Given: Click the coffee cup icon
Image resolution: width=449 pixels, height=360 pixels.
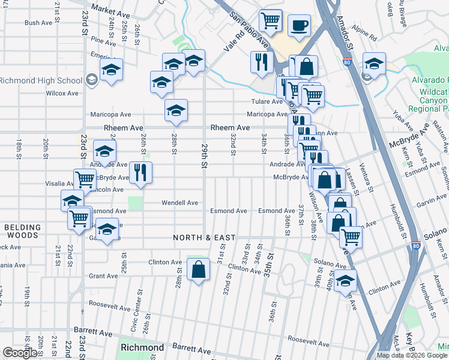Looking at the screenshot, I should [x=299, y=26].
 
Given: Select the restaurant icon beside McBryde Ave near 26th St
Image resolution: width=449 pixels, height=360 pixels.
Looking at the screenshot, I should [x=140, y=173].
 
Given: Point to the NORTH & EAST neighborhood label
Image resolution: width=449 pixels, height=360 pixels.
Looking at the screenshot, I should [x=204, y=238].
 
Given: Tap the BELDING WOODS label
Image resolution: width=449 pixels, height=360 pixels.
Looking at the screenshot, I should [x=22, y=232].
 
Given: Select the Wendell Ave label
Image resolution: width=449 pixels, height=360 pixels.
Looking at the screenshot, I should [x=179, y=203].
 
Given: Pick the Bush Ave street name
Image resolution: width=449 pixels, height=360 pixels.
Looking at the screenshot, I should [x=38, y=23].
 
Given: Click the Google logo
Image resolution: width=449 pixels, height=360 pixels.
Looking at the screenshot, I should [x=20, y=353].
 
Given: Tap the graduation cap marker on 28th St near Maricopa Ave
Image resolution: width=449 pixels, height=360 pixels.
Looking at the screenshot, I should [x=176, y=110].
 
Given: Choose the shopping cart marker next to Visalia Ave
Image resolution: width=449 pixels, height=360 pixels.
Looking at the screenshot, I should [x=85, y=179].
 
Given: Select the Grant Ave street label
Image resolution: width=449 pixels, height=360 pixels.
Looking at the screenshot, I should [x=103, y=276].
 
